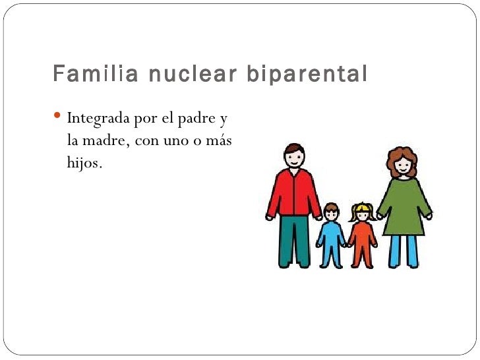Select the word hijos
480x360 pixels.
[84, 163]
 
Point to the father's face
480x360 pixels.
[295, 158]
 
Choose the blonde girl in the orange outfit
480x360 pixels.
[361, 237]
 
